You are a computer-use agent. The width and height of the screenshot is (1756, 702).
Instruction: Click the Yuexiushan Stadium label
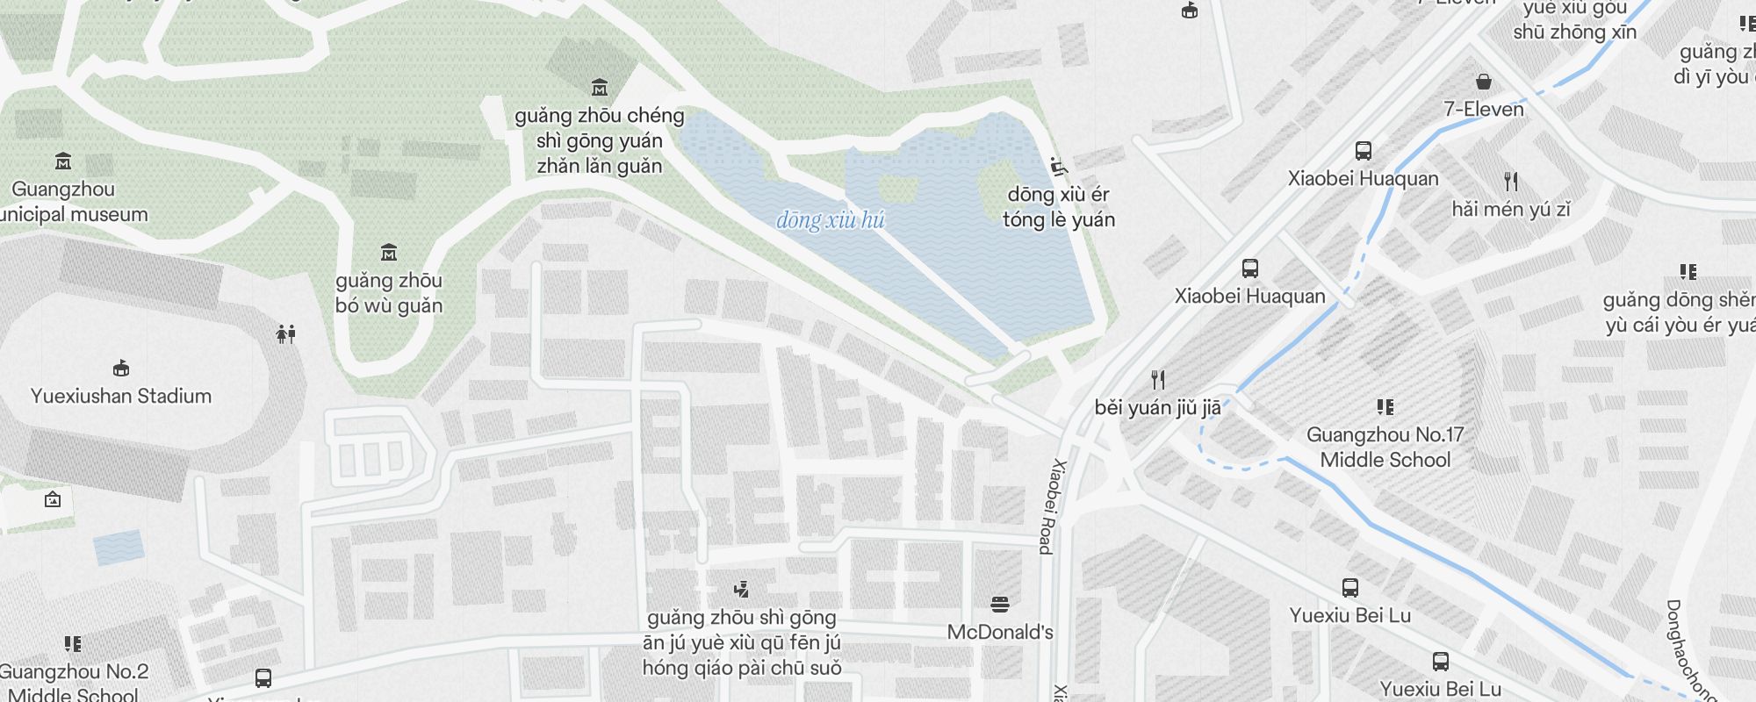point(121,396)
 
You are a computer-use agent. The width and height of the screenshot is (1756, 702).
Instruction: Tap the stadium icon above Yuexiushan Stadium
point(121,368)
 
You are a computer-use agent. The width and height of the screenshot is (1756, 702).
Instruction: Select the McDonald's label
point(1000,632)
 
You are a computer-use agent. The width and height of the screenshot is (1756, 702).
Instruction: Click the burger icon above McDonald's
point(999,604)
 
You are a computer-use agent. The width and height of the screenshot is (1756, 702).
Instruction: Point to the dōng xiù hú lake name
point(830,219)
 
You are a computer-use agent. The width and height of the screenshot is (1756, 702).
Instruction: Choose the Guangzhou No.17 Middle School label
point(1385,447)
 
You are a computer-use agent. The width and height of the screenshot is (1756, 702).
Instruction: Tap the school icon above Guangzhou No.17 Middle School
point(1385,406)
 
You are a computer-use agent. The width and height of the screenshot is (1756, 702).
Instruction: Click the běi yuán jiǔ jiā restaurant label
point(1157,407)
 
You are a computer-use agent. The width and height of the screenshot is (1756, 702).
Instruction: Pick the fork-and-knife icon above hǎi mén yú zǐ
point(1511,182)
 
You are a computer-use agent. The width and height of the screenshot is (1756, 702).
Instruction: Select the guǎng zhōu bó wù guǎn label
point(389,293)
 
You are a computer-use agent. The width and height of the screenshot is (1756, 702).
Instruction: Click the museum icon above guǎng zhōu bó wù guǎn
point(389,254)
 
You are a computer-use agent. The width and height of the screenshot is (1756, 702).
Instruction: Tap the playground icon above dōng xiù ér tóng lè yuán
point(1059,166)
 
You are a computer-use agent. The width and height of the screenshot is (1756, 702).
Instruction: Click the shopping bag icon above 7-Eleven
point(1484,82)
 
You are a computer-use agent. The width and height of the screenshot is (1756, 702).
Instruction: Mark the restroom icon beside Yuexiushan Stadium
point(286,333)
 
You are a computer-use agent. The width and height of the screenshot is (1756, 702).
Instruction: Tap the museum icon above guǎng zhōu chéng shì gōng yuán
point(600,87)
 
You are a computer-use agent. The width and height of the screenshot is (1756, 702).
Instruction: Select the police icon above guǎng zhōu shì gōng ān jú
point(742,589)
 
